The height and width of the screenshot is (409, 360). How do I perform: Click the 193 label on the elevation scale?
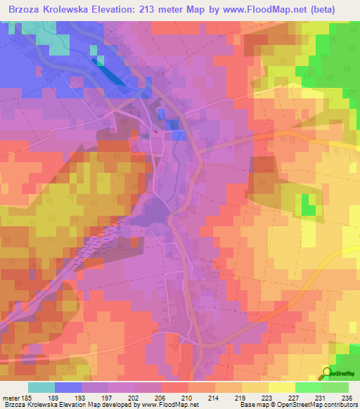coord(82,397)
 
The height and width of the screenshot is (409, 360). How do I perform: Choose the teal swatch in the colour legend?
coord(41,387)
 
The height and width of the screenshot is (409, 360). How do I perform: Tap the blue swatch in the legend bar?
coord(68,387)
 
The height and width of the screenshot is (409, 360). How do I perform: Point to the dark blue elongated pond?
coord(105,71)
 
